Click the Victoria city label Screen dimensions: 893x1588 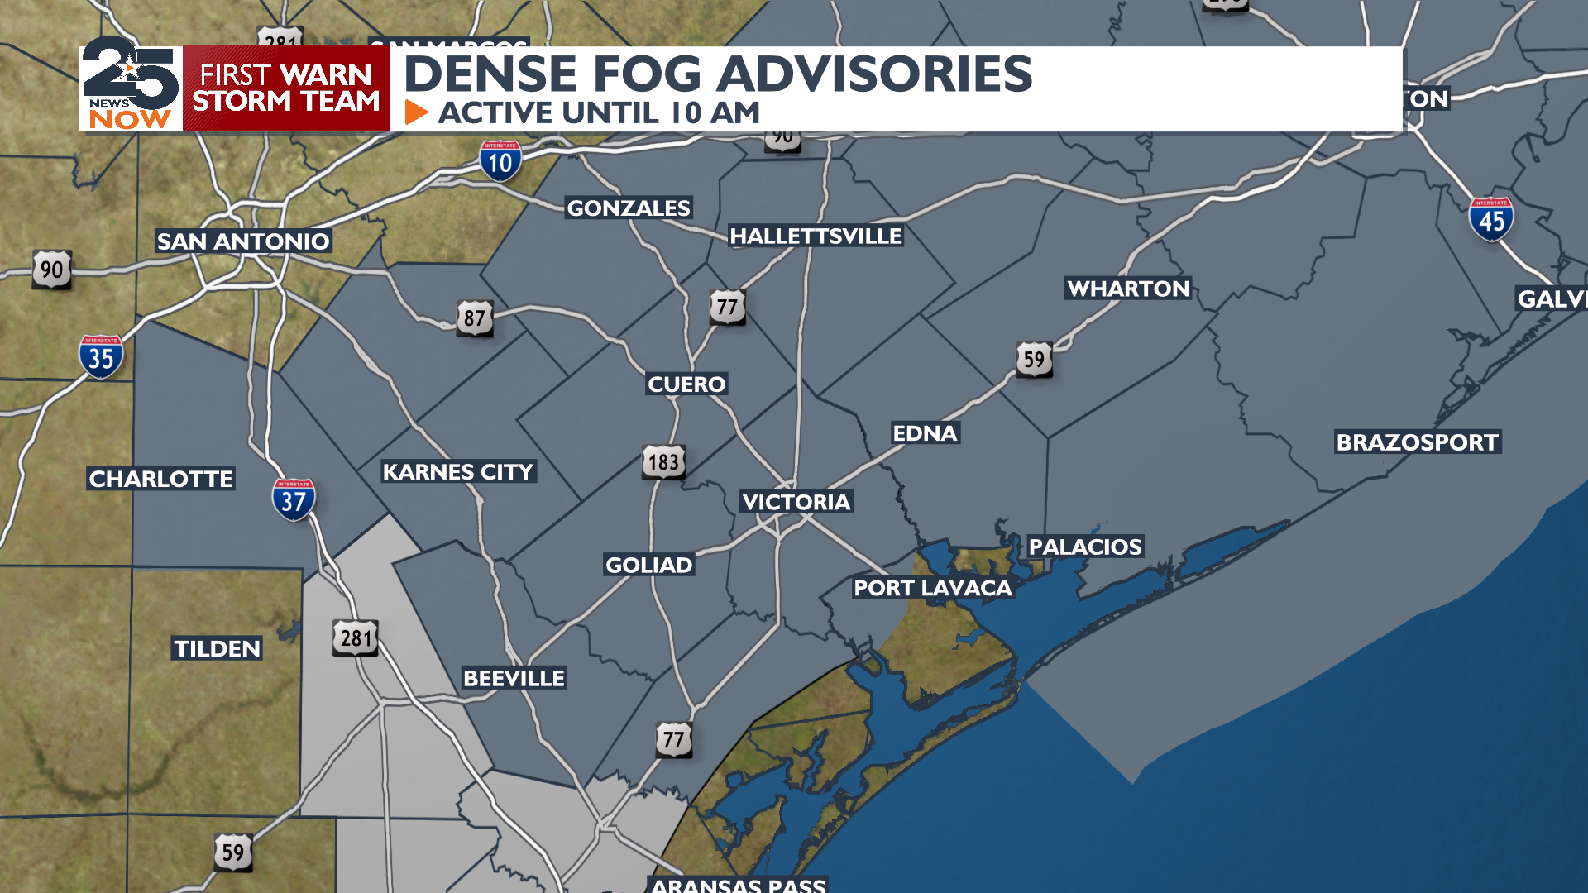tap(796, 502)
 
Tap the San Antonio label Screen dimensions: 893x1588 tap(243, 241)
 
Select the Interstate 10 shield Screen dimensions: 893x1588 tap(500, 160)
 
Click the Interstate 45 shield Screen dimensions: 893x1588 tap(1491, 219)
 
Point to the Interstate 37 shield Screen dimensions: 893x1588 tap(293, 499)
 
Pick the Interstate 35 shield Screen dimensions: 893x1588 tap(101, 357)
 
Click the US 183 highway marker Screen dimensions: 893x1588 tap(663, 462)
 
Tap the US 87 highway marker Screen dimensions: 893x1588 tap(475, 318)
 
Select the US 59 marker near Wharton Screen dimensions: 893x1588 tap(1034, 360)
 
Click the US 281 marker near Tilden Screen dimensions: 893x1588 tap(356, 638)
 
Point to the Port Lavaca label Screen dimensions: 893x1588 tap(932, 588)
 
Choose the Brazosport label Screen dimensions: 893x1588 tap(1417, 442)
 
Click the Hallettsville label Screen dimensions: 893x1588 tap(815, 236)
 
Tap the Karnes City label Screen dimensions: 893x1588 tap(457, 472)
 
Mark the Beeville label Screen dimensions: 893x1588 tap(514, 678)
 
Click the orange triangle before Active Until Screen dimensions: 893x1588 tap(416, 112)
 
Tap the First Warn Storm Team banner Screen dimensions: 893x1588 tap(285, 88)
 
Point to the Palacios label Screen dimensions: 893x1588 tap(1084, 547)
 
